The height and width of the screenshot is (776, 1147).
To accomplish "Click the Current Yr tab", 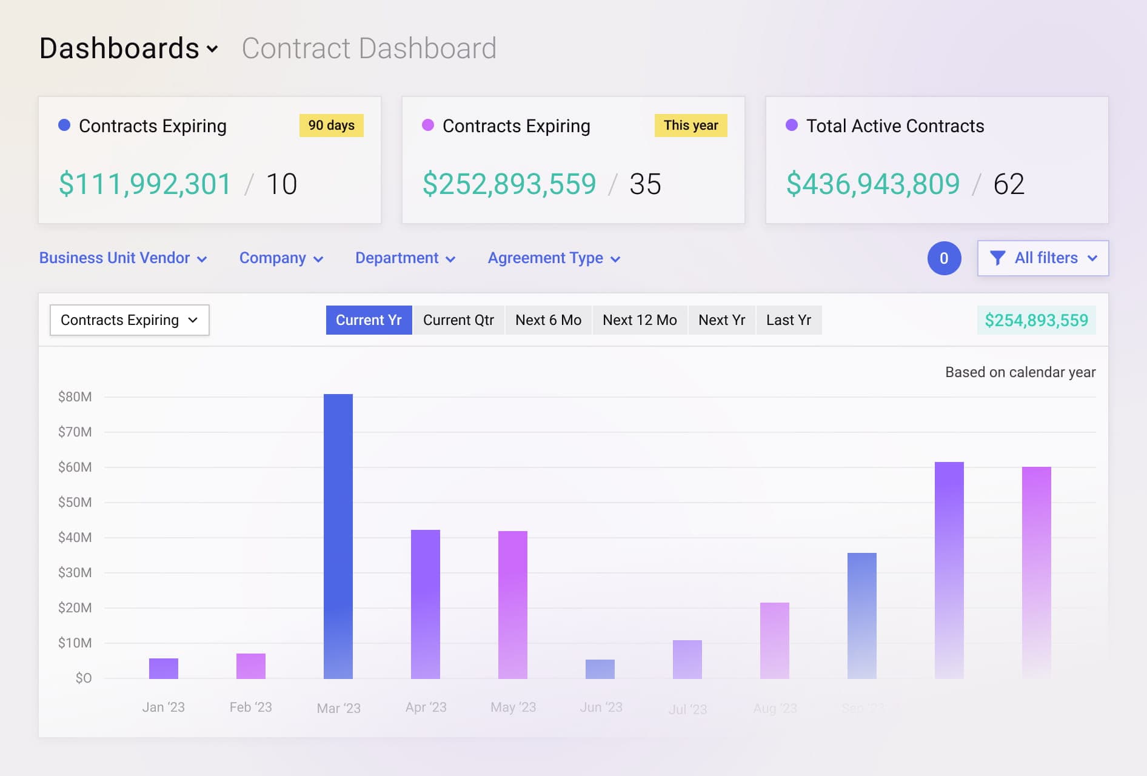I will point(369,320).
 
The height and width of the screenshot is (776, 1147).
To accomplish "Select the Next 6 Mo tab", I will point(548,320).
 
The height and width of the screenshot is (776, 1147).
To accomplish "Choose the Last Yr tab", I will point(788,320).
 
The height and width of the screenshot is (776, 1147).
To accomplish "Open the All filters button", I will point(1043,258).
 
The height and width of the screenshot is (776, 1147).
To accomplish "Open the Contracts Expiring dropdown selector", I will point(129,320).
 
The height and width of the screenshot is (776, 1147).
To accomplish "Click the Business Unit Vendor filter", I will point(123,258).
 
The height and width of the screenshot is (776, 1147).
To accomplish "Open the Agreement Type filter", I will point(553,258).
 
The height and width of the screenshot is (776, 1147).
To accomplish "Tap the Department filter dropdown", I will point(405,258).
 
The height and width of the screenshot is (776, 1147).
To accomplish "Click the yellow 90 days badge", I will point(331,125).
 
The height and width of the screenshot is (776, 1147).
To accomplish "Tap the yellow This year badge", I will point(691,125).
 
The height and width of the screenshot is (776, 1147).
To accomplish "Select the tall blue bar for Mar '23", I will point(338,537).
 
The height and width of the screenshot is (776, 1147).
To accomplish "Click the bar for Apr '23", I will point(426,604).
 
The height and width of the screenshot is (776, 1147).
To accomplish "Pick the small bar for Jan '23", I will point(164,668).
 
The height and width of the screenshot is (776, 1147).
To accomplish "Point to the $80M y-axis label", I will point(75,397).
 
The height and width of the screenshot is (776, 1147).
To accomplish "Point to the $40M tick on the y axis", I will point(75,538).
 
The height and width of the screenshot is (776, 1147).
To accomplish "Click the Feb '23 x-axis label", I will point(250,707).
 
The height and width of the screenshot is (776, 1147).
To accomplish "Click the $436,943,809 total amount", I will point(873,184).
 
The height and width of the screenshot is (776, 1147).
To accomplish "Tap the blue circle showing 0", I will point(944,258).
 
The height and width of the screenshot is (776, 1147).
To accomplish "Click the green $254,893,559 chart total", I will point(1036,320).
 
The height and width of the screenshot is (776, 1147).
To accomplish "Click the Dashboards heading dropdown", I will point(129,48).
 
